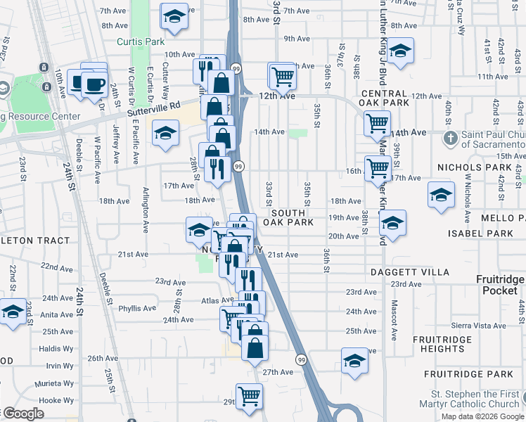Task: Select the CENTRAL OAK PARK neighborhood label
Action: click(x=384, y=98)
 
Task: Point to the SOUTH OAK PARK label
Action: click(x=284, y=217)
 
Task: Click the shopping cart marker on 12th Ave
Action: click(x=282, y=75)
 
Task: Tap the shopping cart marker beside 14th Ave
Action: click(x=377, y=123)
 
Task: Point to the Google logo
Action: click(x=23, y=414)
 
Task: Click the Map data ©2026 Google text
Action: click(x=482, y=416)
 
